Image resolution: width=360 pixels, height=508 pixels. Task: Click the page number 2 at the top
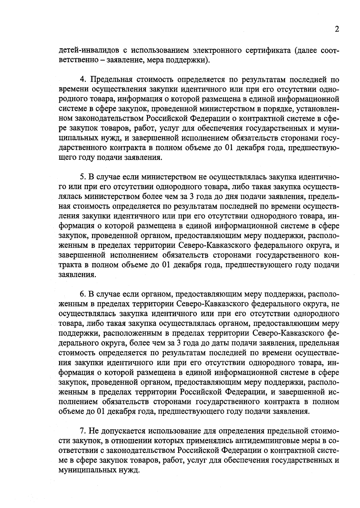tap(337, 29)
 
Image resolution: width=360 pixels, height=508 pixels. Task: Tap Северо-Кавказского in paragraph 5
tap(214, 245)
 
